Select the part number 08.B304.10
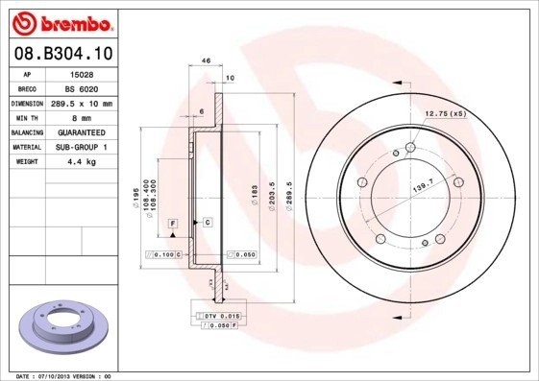click(64, 55)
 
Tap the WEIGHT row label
click(26, 161)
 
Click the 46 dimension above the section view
click(207, 60)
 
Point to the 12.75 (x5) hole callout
click(445, 114)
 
